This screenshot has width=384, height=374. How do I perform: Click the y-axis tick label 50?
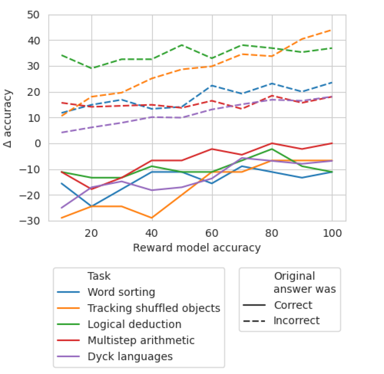tap(33, 15)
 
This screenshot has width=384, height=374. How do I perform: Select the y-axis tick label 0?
tap(38, 144)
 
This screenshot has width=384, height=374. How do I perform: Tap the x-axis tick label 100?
tap(332, 233)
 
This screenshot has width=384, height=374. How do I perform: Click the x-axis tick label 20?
tap(92, 233)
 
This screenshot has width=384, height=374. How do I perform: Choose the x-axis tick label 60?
tap(212, 233)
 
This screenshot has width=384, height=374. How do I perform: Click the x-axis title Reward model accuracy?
tap(197, 248)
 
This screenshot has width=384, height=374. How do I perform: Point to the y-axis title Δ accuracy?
tap(8, 119)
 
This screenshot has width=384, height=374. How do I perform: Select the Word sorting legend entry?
tap(121, 292)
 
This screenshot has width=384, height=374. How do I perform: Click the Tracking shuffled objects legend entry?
tap(154, 308)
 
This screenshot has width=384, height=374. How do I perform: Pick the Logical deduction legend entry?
tap(134, 324)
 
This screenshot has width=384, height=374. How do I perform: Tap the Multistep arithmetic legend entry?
tap(141, 340)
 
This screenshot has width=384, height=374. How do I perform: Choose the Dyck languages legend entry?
tap(130, 356)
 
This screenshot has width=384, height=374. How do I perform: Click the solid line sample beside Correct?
tap(254, 305)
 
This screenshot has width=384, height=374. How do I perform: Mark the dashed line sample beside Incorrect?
tap(254, 320)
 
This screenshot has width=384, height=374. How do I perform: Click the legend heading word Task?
tap(99, 276)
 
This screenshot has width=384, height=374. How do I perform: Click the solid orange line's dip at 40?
tap(152, 218)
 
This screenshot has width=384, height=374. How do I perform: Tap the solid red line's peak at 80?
tap(272, 143)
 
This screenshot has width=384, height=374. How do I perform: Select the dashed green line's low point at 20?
tap(92, 68)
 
